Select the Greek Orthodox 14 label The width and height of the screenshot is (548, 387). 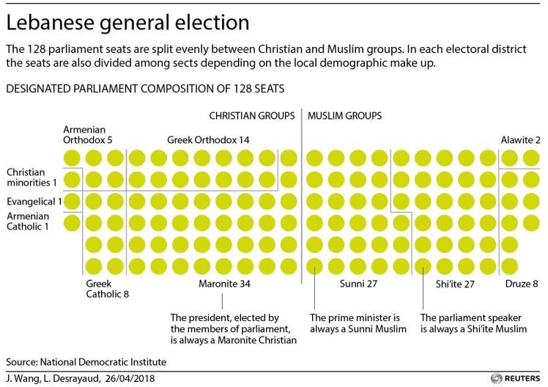click(x=207, y=139)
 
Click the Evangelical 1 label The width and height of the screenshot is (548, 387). click(x=34, y=199)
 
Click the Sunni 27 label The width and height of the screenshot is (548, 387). click(x=359, y=283)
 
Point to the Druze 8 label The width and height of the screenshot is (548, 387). click(x=522, y=283)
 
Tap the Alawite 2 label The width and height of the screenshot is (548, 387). click(x=521, y=139)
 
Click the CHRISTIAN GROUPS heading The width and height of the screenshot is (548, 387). click(x=252, y=116)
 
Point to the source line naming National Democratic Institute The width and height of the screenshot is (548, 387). click(x=86, y=362)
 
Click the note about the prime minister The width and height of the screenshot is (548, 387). click(x=354, y=323)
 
